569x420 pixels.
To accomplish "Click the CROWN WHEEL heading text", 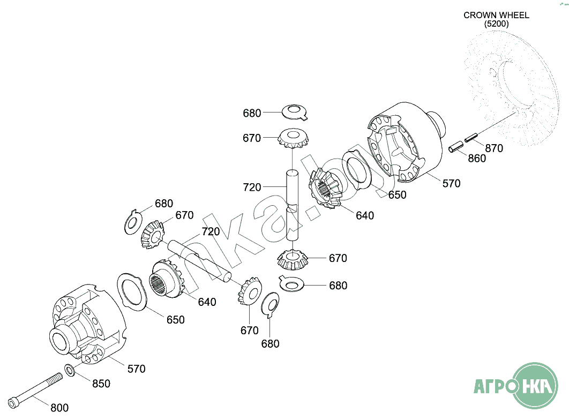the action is tap(496, 15).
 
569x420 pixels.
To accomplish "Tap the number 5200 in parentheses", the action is tap(497, 24).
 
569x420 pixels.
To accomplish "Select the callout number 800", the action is tap(59, 408).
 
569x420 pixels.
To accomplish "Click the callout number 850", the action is tap(101, 384).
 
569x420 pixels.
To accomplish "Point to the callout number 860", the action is tap(477, 159).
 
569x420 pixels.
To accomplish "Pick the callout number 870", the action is tap(494, 148).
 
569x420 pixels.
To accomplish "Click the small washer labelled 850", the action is tap(70, 370).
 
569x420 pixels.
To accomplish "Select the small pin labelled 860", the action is tap(456, 146).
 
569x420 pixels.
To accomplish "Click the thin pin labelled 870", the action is tap(471, 138).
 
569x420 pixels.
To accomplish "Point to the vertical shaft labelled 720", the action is tap(292, 205).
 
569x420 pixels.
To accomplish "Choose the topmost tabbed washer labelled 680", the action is tap(295, 112).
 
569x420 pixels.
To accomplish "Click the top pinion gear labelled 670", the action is tap(293, 139).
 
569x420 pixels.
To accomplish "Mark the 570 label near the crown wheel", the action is tap(452, 184).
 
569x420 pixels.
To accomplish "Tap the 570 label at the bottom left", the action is tap(137, 369).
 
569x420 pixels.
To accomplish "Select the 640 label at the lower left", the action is tap(207, 302).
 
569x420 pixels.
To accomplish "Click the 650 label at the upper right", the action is tap(398, 195).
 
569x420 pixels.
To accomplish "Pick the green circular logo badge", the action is tap(534, 386).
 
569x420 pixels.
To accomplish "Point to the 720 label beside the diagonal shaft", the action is tap(211, 232).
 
